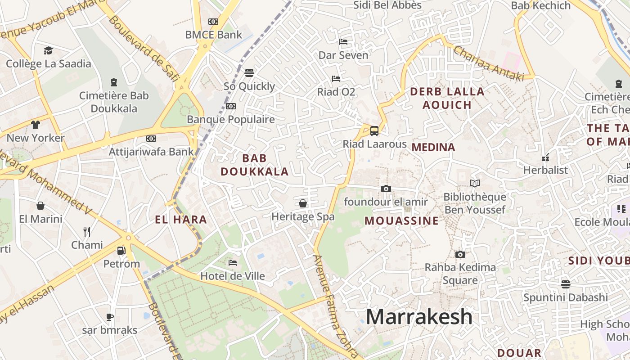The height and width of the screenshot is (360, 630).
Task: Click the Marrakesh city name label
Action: (x=419, y=317)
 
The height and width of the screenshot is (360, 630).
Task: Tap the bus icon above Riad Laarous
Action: (x=374, y=131)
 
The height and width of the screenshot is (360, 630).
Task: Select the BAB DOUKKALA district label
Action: (x=254, y=165)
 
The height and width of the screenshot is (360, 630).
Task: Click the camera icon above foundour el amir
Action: (x=386, y=189)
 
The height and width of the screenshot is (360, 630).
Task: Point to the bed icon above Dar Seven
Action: (x=343, y=42)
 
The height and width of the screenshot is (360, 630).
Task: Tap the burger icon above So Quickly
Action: (x=249, y=72)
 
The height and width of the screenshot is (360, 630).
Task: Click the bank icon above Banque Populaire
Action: (x=231, y=106)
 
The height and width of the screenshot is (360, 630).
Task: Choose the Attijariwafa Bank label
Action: (x=151, y=152)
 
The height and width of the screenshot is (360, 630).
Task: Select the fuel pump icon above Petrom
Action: (x=121, y=250)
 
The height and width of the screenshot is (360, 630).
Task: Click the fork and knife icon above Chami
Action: (x=87, y=232)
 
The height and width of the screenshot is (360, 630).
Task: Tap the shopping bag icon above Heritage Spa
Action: (x=303, y=203)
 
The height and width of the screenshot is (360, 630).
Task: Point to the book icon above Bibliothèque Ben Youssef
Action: (x=474, y=183)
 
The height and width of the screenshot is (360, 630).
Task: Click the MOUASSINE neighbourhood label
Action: (x=401, y=221)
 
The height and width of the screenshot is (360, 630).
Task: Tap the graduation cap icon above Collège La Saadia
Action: (x=48, y=50)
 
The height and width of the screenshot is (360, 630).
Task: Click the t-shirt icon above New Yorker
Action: (x=36, y=125)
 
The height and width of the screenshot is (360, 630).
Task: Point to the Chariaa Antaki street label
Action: (x=489, y=63)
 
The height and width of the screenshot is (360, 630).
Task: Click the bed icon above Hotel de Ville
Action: (x=233, y=263)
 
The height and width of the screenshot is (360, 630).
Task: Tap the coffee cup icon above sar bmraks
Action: (x=110, y=317)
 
